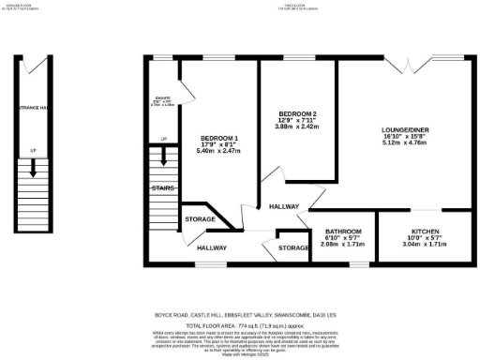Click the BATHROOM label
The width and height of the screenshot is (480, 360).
337,231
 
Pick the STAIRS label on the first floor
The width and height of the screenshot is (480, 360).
163,188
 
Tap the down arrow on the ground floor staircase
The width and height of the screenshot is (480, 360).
33,169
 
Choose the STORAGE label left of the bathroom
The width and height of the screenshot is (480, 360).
292,247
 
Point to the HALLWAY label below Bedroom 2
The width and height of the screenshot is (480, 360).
284,206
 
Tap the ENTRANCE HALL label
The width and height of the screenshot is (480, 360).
33,109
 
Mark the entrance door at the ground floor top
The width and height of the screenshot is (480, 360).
33,66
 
